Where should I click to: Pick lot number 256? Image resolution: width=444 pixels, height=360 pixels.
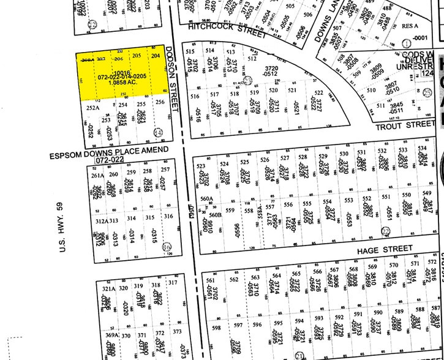click(x=160, y=103)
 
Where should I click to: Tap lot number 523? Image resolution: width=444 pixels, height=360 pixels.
click(x=200, y=166)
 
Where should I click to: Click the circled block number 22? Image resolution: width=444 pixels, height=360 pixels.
click(x=385, y=230)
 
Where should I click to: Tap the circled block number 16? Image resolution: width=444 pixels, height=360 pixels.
click(x=167, y=246)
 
